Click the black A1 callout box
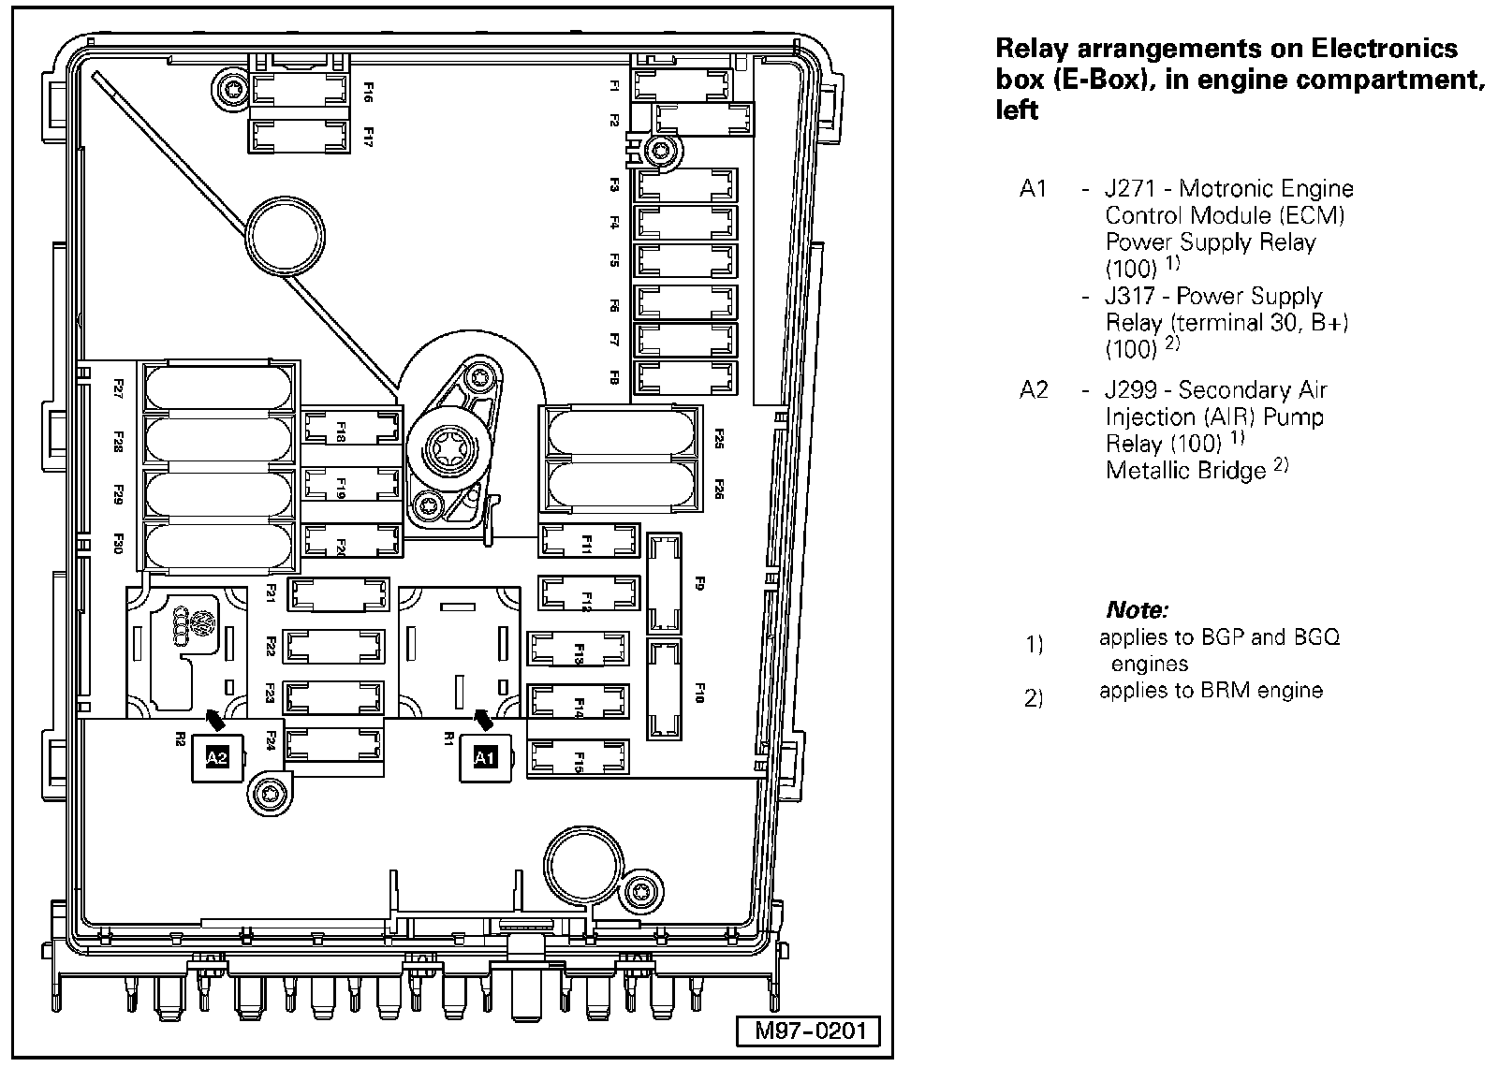point(484,758)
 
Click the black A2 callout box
point(216,758)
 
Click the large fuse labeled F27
point(221,386)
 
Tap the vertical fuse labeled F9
point(665,582)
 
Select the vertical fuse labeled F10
point(665,690)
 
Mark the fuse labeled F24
point(335,744)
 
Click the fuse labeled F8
point(685,377)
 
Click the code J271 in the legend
point(1135,189)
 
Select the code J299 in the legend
point(1135,390)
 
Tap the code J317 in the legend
point(1135,297)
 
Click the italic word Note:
point(1137,611)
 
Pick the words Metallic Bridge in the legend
point(1185,470)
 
